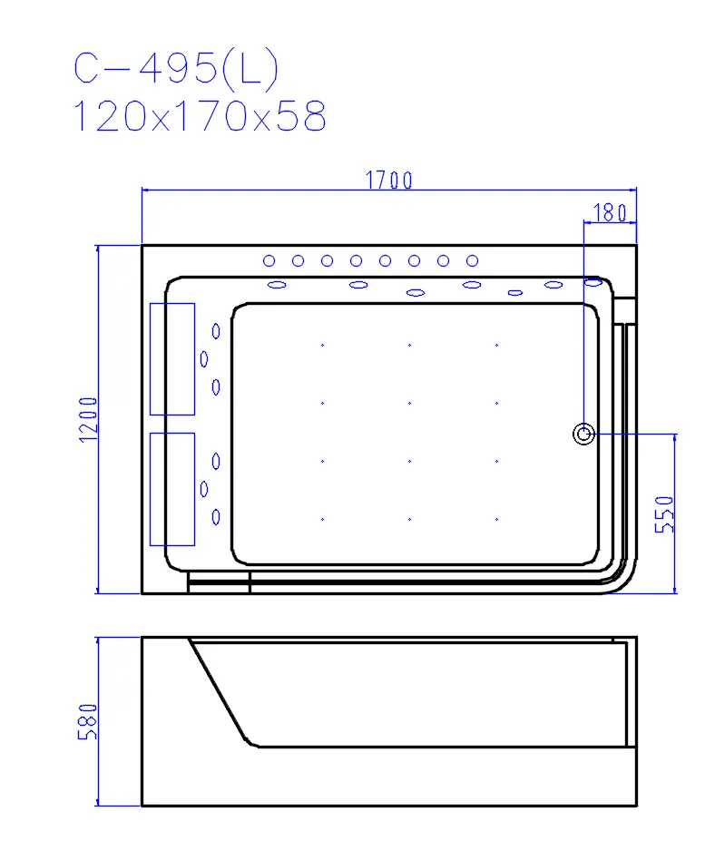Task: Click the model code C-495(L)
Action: (176, 68)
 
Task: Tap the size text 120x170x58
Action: (200, 116)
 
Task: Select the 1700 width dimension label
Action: (389, 181)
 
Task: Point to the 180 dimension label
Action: (610, 212)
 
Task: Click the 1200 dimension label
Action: (88, 420)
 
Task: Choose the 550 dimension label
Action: (664, 514)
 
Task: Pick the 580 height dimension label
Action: (88, 722)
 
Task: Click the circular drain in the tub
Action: (583, 435)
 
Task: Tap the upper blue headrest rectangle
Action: (172, 359)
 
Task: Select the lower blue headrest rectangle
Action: (172, 489)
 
